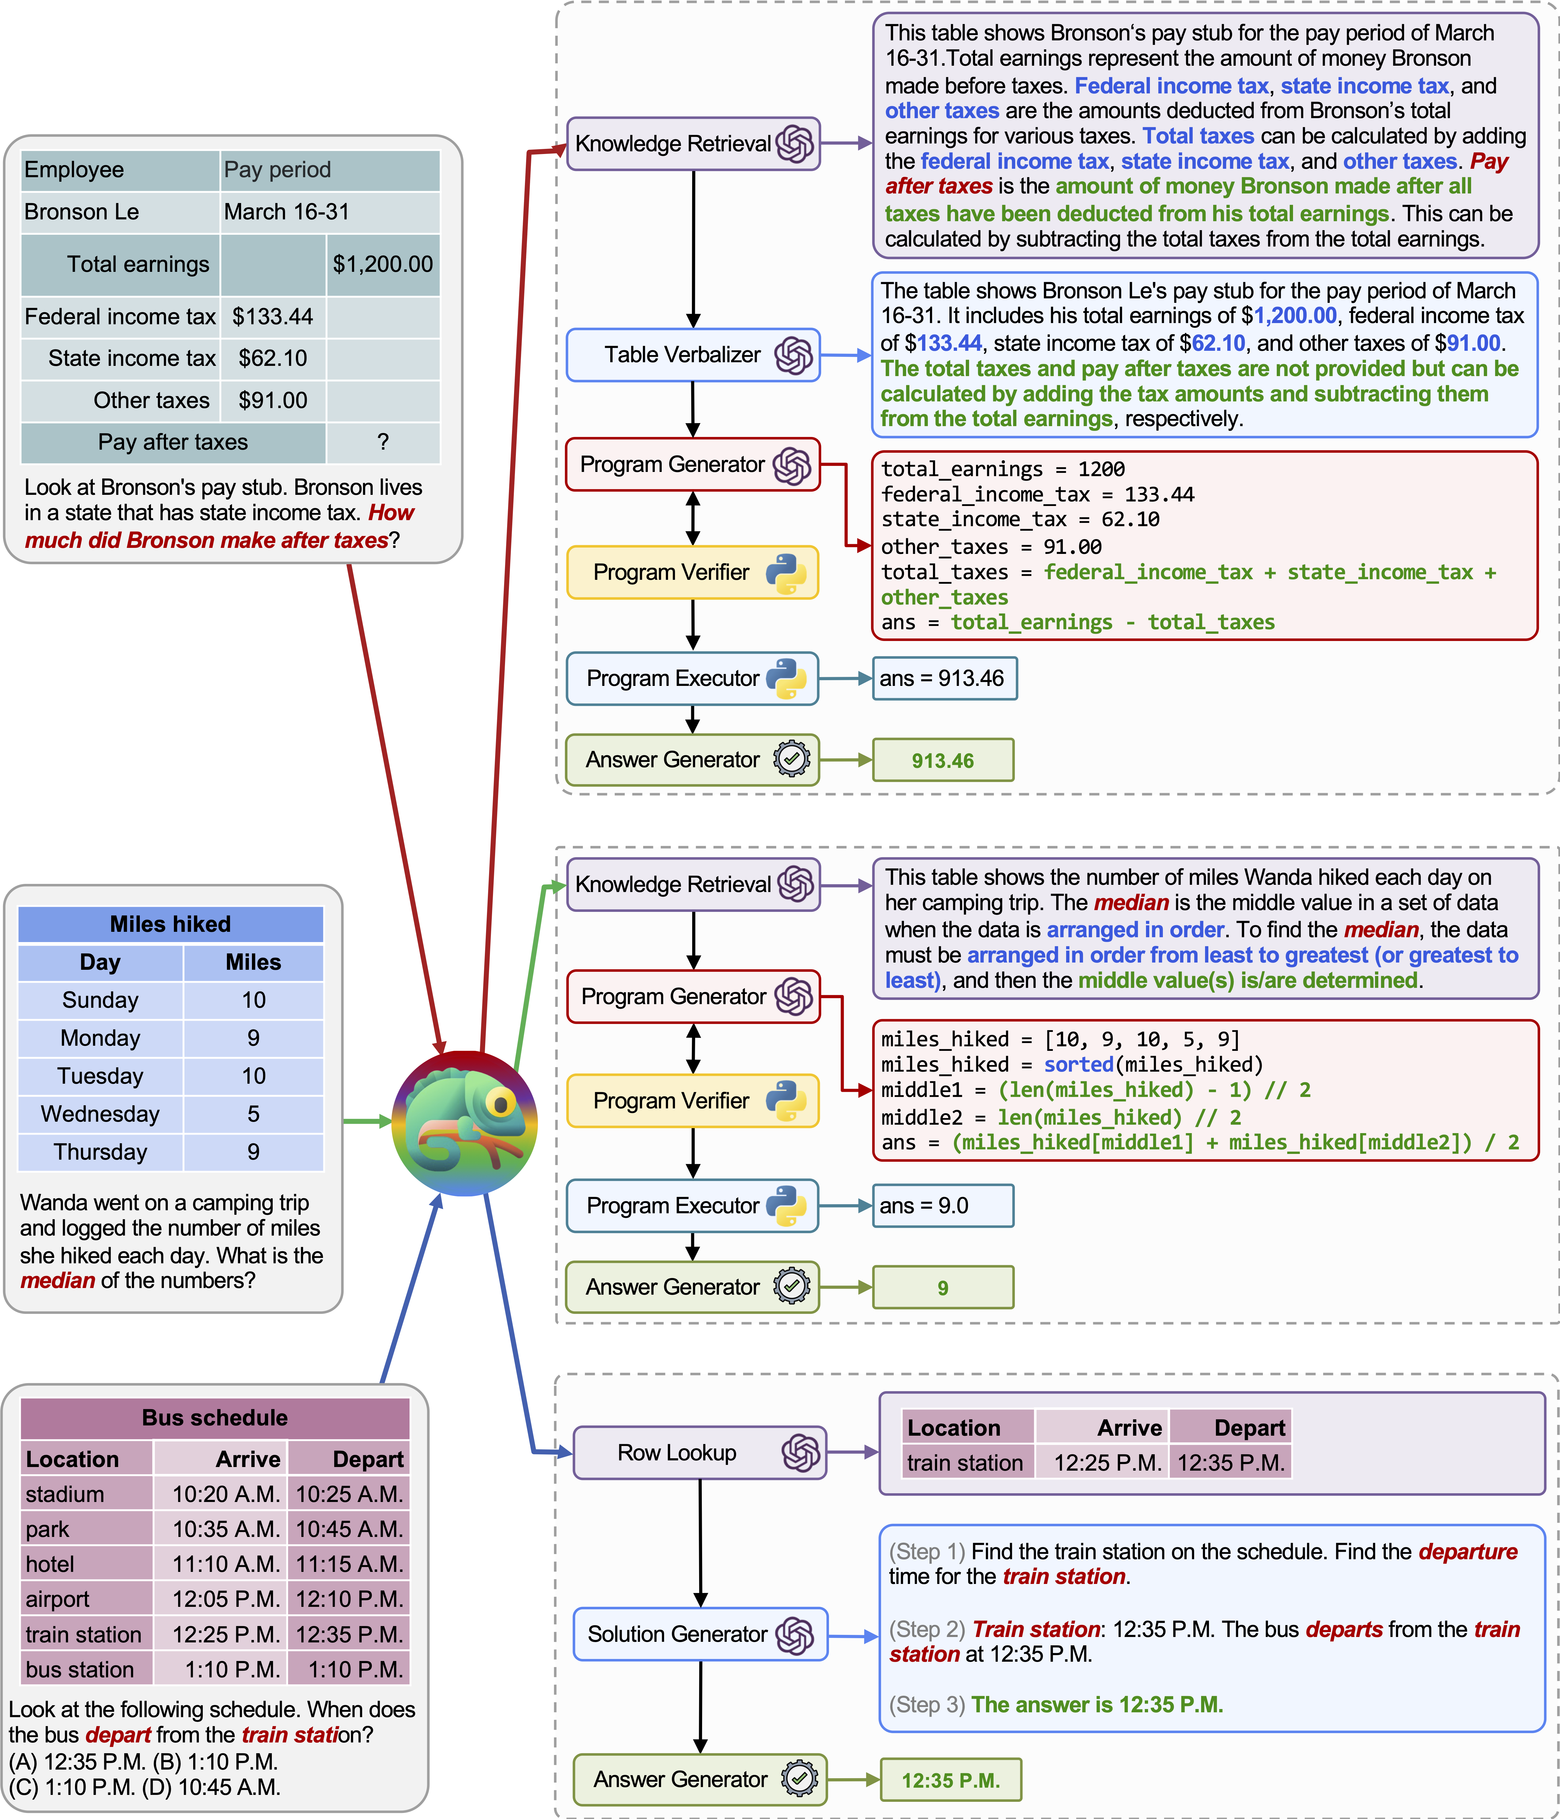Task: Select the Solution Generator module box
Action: coord(700,1634)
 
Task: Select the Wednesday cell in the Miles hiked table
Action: coord(100,1114)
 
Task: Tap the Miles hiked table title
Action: coord(170,925)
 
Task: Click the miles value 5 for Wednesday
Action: coord(253,1114)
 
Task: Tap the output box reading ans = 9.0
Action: coord(942,1205)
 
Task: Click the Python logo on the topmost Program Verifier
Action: coord(786,573)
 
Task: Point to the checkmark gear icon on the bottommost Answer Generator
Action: coord(799,1779)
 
